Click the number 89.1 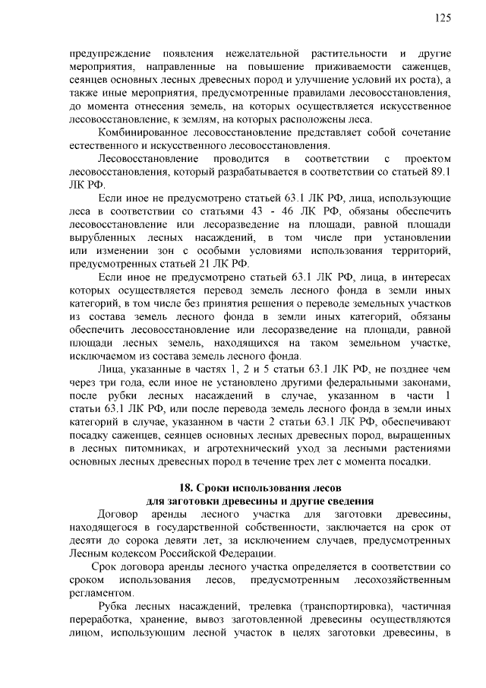[x=440, y=172]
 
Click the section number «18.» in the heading [x=185, y=487]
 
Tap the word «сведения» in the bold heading [x=349, y=500]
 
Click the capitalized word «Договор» [x=121, y=514]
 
